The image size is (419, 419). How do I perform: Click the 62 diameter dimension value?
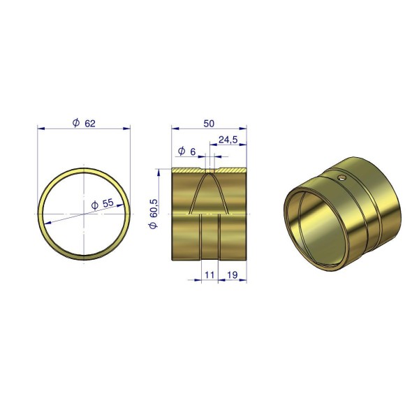coord(90,124)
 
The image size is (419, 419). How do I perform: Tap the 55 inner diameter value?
coord(108,203)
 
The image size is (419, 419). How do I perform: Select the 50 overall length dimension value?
coord(209,124)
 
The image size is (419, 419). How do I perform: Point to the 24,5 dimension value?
coord(228,140)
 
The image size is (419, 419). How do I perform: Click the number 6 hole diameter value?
coord(193,152)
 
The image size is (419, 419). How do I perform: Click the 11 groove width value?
coord(209,275)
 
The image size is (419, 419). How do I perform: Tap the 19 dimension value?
coord(233,275)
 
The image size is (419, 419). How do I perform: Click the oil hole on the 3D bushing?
coord(341,177)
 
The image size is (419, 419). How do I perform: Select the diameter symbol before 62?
coord(76,123)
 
